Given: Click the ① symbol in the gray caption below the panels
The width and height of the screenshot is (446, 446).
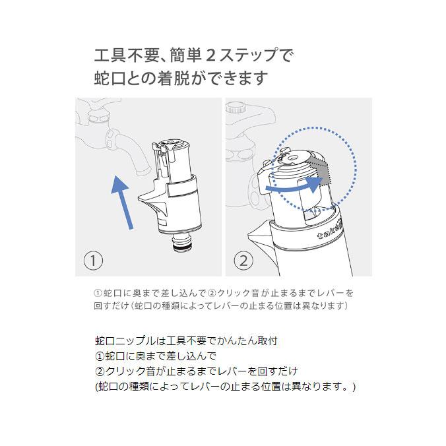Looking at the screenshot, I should pyautogui.click(x=99, y=293).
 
